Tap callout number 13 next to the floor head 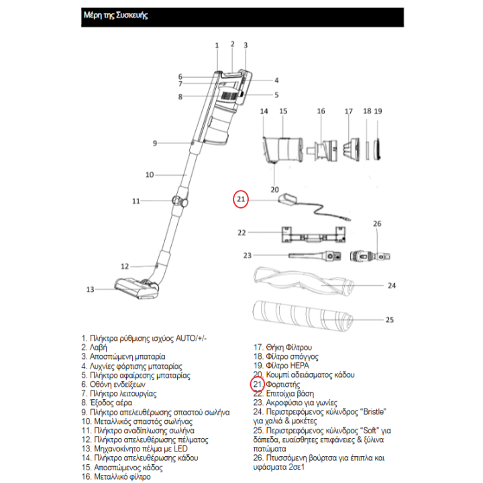point(91,290)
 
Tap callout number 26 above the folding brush point(376,223)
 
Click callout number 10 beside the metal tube point(150,175)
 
